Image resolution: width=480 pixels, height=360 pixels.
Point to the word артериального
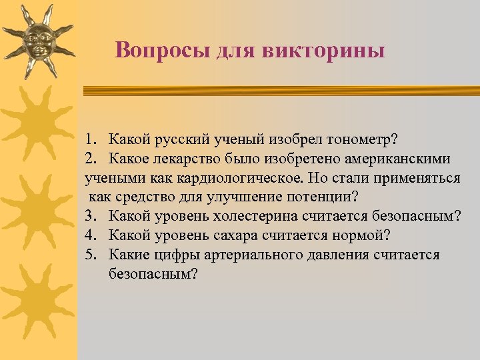pyautogui.click(x=251, y=255)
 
